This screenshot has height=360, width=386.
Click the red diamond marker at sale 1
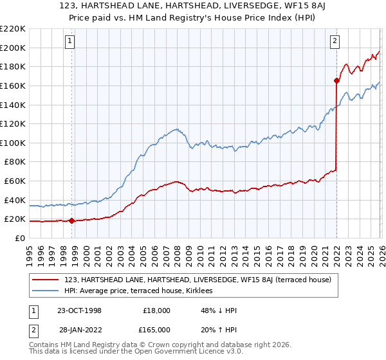pyautogui.click(x=71, y=221)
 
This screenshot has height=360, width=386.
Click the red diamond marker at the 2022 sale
pyautogui.click(x=336, y=80)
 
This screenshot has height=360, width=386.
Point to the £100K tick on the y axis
pyautogui.click(x=13, y=143)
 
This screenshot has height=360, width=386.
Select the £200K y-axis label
pyautogui.click(x=13, y=48)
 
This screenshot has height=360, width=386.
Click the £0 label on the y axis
pyautogui.click(x=20, y=238)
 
